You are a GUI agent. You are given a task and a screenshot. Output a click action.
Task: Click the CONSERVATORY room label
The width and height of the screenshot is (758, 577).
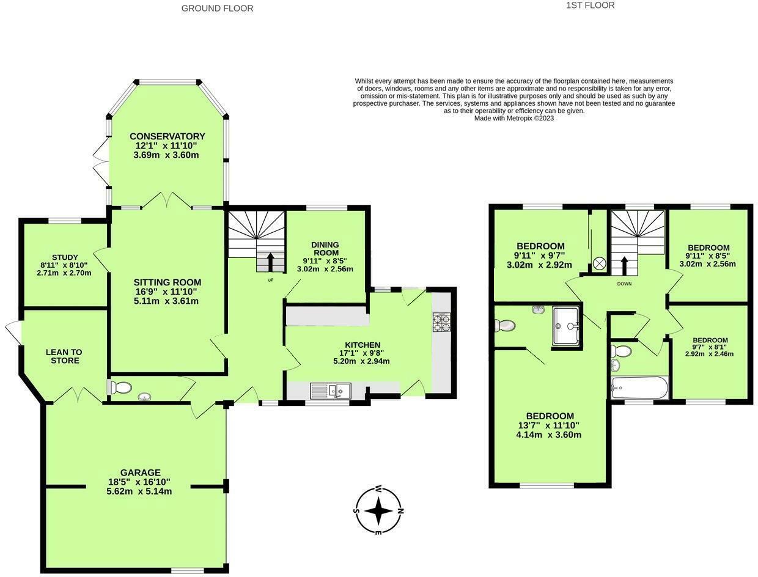(167, 136)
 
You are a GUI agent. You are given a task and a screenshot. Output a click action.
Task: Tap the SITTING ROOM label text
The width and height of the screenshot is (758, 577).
(167, 282)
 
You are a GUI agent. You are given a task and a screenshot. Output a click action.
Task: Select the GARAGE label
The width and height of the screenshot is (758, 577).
(140, 472)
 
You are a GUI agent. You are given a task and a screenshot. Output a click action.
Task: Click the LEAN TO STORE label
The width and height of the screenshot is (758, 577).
(64, 356)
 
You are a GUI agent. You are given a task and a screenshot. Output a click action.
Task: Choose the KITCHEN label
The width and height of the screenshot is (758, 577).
(362, 345)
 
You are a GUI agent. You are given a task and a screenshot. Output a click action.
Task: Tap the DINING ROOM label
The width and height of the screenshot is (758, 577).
(325, 249)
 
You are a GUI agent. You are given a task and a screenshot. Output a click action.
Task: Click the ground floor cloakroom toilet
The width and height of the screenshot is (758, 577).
(119, 388)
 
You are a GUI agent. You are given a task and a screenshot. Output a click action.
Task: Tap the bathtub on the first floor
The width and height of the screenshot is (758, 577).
(639, 388)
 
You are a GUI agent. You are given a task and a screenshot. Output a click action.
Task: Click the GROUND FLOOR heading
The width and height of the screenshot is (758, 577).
(217, 9)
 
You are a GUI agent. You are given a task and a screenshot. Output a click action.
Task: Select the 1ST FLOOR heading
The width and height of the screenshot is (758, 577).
(590, 6)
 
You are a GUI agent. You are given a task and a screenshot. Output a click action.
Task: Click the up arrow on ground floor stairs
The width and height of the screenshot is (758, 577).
(270, 262)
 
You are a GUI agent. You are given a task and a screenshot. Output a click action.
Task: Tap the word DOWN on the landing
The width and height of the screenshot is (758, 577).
(624, 284)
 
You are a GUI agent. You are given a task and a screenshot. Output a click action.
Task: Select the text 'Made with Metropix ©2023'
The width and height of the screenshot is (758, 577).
(514, 119)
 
